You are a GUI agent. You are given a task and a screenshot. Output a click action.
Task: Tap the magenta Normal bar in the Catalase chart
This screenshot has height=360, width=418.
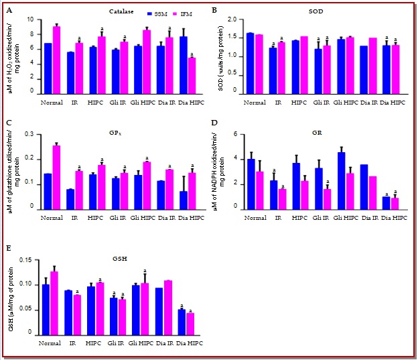[57, 62]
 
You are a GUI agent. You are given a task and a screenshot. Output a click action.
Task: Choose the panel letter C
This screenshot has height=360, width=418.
[9, 123]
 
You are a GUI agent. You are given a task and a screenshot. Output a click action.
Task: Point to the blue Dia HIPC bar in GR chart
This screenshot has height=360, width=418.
[386, 202]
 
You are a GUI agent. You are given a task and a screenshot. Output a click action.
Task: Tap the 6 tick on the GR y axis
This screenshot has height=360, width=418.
[239, 135]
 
